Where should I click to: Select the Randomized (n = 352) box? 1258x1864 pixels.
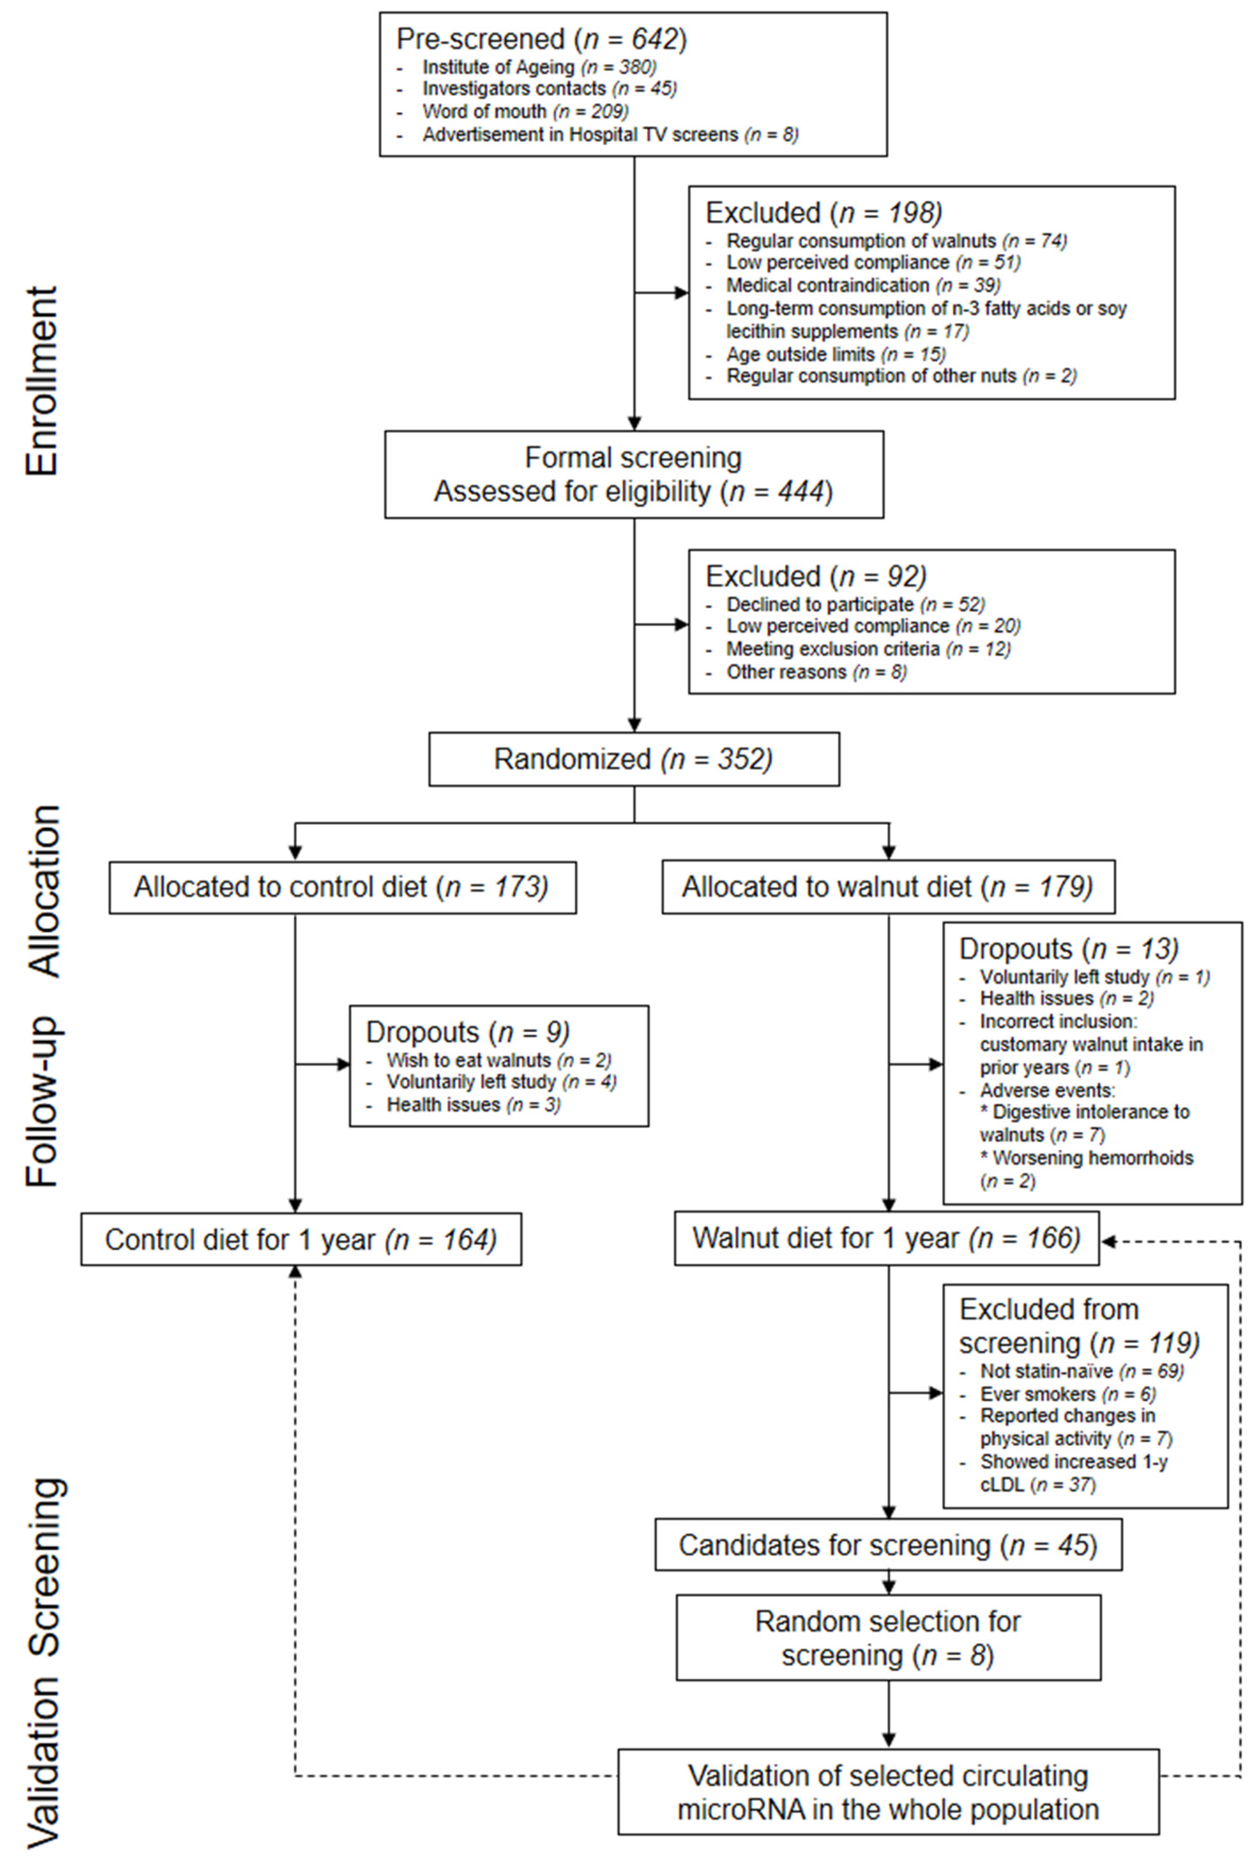pos(634,759)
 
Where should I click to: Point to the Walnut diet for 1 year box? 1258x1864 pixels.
pos(887,1238)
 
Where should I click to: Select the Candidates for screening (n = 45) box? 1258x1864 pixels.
pos(888,1545)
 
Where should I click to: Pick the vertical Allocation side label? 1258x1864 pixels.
pos(45,890)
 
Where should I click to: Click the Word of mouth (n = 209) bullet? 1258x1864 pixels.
pos(525,112)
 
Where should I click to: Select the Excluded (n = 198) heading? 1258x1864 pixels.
pos(823,213)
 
